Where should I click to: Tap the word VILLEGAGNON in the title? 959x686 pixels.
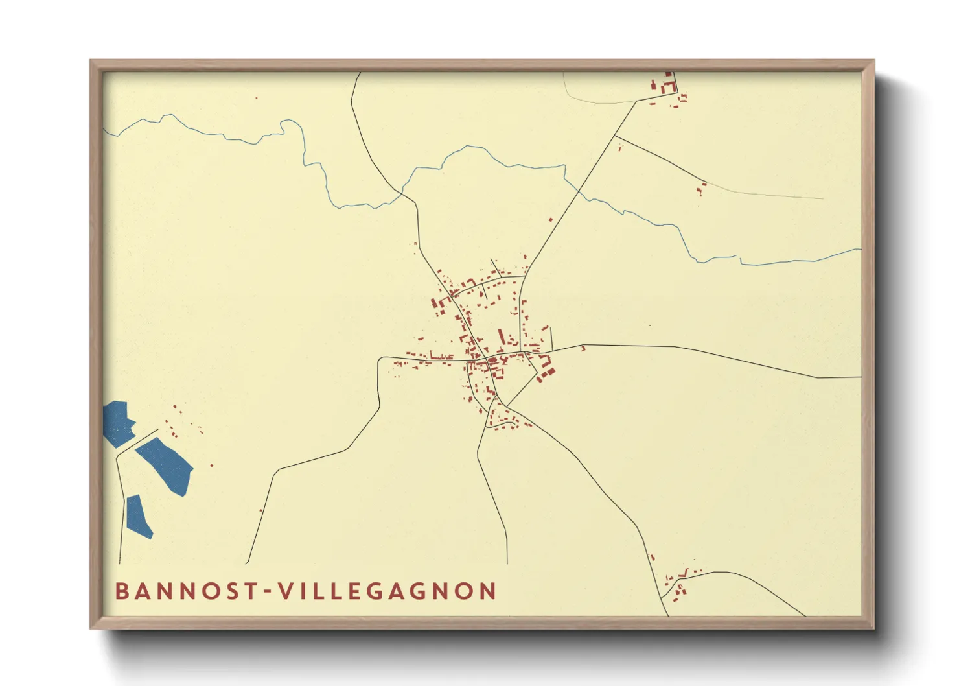point(387,591)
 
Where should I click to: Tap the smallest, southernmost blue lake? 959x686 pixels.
point(138,516)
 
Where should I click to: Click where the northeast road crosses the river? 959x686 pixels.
point(580,191)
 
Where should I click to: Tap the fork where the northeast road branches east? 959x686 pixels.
point(615,136)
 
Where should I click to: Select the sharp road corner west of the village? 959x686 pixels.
point(379,359)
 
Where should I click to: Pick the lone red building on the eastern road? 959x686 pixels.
point(583,349)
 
